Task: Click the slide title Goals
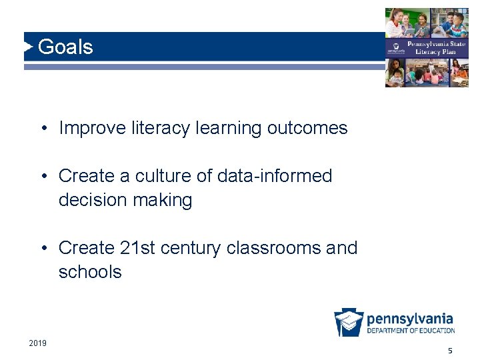65,47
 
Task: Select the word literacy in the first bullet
148,128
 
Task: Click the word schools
90,272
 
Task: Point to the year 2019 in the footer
38,343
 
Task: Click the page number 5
450,351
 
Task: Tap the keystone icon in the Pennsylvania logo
349,323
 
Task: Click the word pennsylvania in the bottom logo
410,319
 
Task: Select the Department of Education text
411,331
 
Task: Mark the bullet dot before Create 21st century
43,249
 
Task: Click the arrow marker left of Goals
28,47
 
